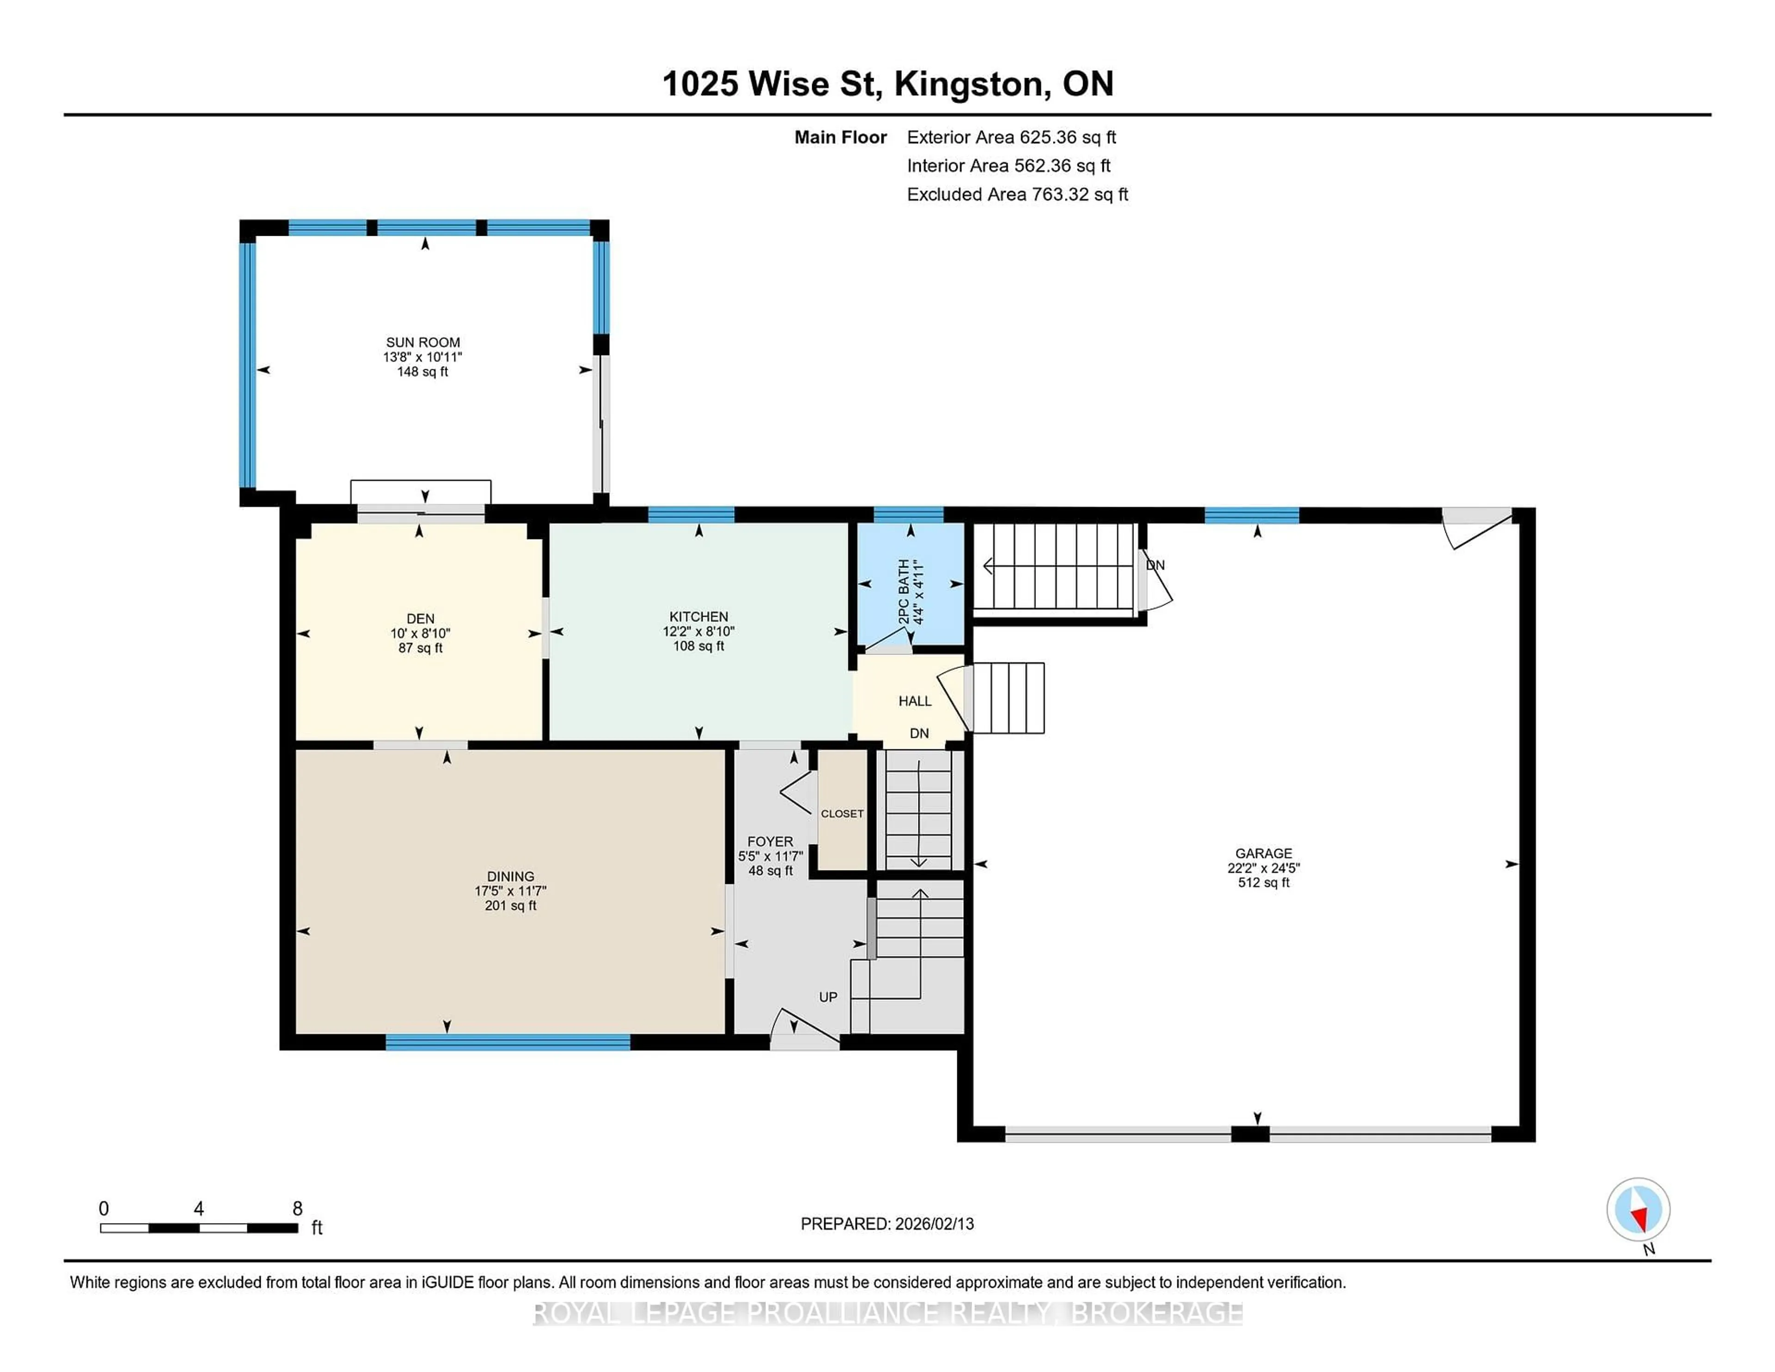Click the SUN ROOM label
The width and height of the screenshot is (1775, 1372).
[x=422, y=342]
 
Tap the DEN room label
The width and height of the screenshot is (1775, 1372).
[x=420, y=619]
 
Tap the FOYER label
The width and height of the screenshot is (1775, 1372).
[x=770, y=841]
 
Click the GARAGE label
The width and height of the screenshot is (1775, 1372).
[x=1263, y=852]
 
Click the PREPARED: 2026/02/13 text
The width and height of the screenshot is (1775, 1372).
[x=887, y=1223]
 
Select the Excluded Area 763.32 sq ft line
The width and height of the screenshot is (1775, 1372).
[x=1017, y=194]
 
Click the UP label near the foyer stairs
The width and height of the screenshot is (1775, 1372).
[x=827, y=997]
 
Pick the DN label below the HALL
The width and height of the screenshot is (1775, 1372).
[x=918, y=733]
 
